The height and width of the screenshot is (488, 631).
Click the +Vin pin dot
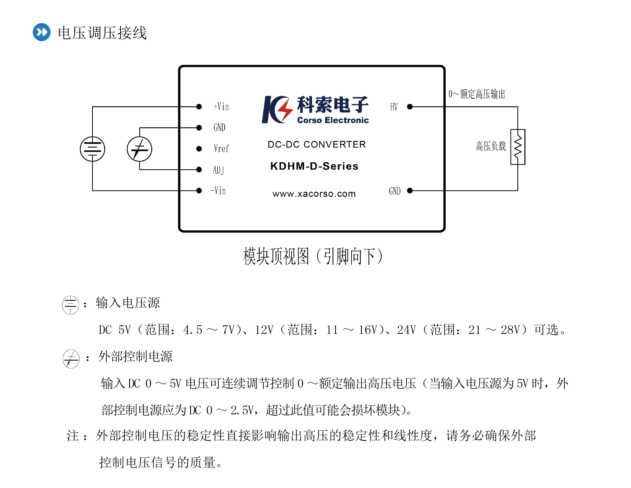[199, 107]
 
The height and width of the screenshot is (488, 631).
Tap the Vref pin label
[221, 149]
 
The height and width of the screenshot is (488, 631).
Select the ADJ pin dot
[199, 169]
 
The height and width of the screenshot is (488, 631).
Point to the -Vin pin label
[218, 190]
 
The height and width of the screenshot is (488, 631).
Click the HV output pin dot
[410, 107]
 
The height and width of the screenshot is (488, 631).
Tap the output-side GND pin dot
[410, 190]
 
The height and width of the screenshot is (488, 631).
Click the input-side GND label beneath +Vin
[219, 127]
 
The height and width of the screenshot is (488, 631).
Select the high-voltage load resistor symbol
[517, 147]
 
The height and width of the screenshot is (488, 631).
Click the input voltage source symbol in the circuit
[92, 149]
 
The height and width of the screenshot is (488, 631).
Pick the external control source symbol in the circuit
[140, 149]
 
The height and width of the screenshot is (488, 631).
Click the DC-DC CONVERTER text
[317, 144]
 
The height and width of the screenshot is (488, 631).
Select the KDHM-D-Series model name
[314, 166]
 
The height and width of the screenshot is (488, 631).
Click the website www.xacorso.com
[314, 194]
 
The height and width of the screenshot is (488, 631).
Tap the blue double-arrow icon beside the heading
[41, 32]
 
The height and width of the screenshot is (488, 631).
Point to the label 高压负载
[491, 146]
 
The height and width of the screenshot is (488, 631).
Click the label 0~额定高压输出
[477, 94]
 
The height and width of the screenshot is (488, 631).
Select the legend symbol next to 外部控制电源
[71, 359]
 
